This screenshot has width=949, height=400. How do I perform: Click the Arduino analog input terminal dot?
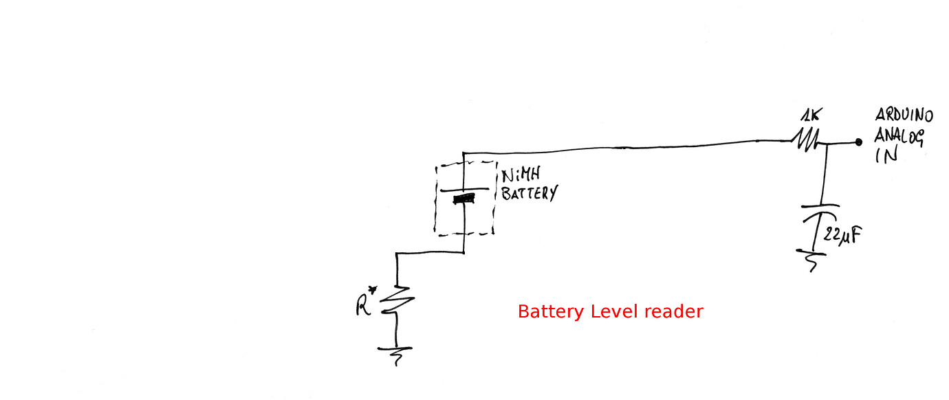click(858, 142)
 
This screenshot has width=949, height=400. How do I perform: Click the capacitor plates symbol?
click(818, 210)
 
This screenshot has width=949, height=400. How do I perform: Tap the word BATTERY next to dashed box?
click(528, 193)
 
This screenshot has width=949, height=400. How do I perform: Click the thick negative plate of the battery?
click(465, 199)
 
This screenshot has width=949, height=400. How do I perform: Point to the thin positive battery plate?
click(464, 190)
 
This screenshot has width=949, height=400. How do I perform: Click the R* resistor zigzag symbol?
click(397, 302)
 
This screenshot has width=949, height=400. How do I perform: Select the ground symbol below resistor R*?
click(395, 354)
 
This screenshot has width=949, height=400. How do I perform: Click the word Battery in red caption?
click(552, 311)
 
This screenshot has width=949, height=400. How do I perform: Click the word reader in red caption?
click(674, 311)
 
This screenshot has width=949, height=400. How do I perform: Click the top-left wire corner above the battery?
click(464, 153)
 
